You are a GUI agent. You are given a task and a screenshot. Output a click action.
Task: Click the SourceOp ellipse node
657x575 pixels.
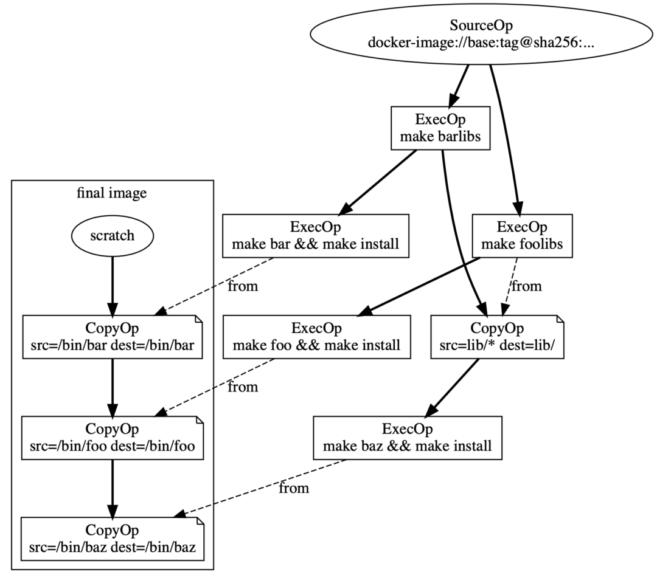click(481, 35)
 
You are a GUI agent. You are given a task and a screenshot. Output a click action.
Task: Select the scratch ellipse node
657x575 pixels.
click(112, 235)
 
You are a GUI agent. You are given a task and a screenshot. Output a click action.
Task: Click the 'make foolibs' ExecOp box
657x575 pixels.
click(523, 236)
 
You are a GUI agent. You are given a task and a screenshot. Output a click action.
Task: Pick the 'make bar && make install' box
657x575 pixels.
click(315, 236)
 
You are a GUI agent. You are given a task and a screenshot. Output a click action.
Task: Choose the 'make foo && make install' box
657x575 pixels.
click(315, 337)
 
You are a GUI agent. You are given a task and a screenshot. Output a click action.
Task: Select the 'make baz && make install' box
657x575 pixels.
click(407, 438)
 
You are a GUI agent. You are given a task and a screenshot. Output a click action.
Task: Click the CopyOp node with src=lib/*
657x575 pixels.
click(498, 337)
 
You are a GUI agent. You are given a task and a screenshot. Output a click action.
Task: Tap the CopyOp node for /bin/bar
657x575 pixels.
click(112, 337)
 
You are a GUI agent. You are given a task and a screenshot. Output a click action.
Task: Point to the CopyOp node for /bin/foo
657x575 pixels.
click(112, 438)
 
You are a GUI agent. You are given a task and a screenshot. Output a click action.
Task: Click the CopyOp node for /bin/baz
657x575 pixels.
click(112, 539)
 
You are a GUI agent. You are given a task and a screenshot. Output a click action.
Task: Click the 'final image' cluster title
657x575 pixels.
click(112, 194)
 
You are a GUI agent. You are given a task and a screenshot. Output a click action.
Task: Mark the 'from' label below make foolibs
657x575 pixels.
click(526, 285)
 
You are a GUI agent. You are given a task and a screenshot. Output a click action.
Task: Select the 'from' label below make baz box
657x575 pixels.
click(294, 488)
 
